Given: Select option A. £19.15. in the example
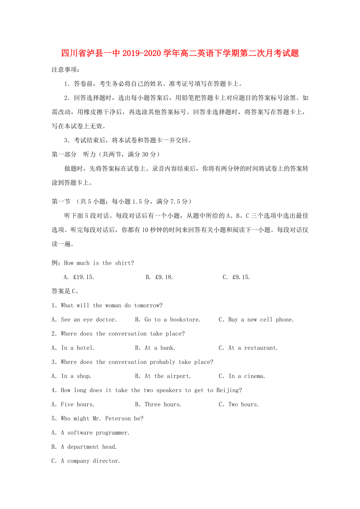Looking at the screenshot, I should click(79, 277).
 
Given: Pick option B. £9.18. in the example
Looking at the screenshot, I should click(159, 277).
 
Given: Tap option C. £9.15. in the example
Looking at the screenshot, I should click(236, 277).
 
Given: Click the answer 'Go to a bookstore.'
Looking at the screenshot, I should click(168, 320).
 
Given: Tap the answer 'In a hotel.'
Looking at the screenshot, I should click(73, 348).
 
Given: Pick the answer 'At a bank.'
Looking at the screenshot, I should click(155, 348).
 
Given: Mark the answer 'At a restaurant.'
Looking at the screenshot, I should click(248, 348).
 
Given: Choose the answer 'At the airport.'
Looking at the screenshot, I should click(163, 376).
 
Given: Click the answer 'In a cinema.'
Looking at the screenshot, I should click(242, 376).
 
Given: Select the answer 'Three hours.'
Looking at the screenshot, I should click(158, 405).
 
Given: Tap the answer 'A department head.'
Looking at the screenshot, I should click(84, 447).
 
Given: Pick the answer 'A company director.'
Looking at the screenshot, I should click(86, 461).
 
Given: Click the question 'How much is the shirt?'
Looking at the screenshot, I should click(99, 263).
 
